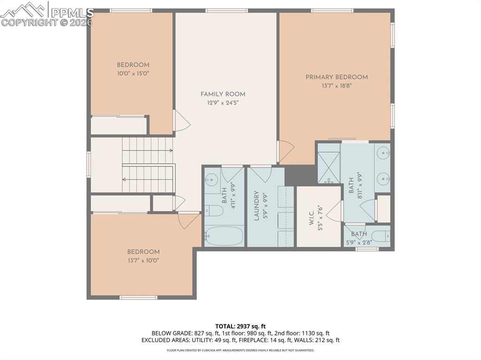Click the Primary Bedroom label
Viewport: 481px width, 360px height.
336,77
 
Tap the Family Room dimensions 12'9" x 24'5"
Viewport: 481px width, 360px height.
223,103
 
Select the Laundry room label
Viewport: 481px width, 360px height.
257,206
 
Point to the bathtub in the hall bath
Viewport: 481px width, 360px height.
224,236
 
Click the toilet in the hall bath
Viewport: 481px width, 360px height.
214,210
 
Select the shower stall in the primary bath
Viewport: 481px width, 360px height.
329,164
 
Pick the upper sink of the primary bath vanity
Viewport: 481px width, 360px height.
384,153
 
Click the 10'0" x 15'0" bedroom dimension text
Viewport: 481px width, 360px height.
133,74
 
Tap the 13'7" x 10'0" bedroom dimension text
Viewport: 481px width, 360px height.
143,260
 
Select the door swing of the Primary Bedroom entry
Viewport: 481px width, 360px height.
286,150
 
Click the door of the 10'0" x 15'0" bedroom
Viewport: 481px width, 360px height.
181,121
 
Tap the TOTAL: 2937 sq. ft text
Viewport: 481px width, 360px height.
240,326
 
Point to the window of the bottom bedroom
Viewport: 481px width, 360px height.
138,297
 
